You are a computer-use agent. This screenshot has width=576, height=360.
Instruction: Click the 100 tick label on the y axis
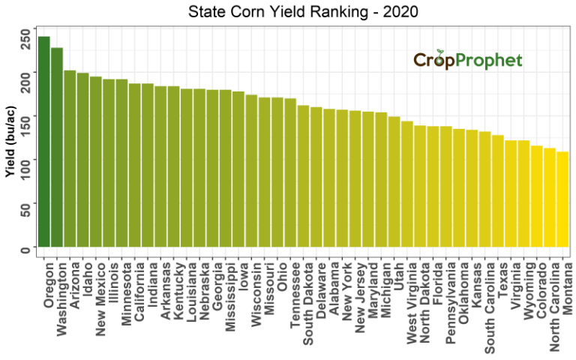pos(26,161)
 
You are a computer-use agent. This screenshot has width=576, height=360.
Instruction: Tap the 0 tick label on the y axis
pos(26,248)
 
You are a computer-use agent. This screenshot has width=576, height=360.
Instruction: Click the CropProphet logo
pos(467,60)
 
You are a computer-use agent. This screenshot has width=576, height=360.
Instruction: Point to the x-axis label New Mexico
pos(96,292)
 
